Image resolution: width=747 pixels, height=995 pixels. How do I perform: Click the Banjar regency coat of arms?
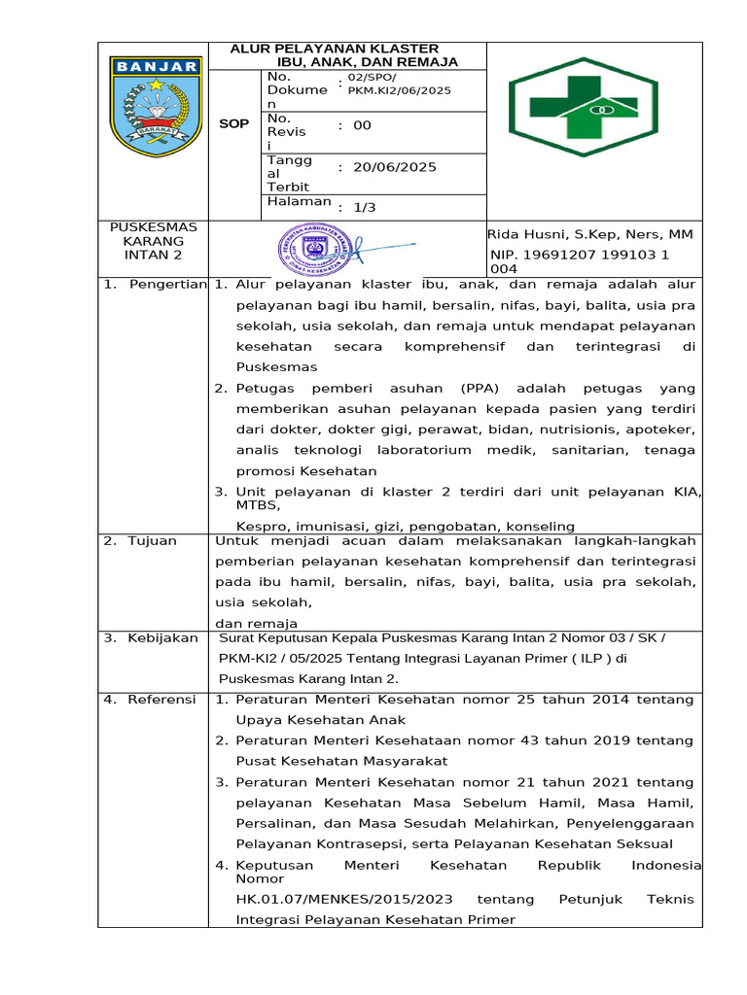tap(156, 107)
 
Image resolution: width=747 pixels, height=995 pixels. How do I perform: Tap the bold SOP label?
tap(233, 124)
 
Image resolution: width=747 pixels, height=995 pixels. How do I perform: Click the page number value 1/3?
tap(365, 207)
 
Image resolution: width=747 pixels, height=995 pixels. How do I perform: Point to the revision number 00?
tap(362, 125)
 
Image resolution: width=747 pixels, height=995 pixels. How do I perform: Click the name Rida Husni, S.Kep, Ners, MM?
tap(589, 234)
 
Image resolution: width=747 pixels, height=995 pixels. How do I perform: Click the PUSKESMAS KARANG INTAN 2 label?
tap(153, 241)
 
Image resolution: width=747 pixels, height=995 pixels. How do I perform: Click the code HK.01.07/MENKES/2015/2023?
tap(342, 899)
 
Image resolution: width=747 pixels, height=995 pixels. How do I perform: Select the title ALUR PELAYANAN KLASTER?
tap(334, 49)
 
